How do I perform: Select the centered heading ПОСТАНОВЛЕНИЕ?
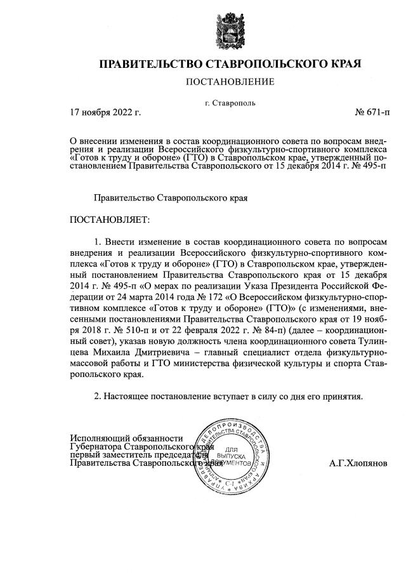[x=230, y=82]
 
